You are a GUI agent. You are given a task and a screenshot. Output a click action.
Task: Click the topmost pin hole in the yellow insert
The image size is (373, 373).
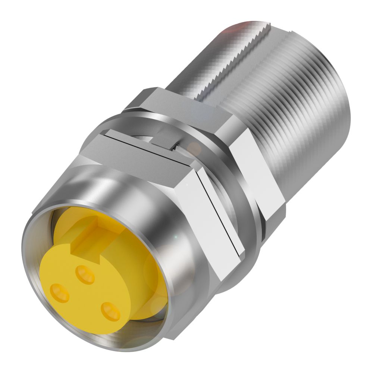pos(85,275)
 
